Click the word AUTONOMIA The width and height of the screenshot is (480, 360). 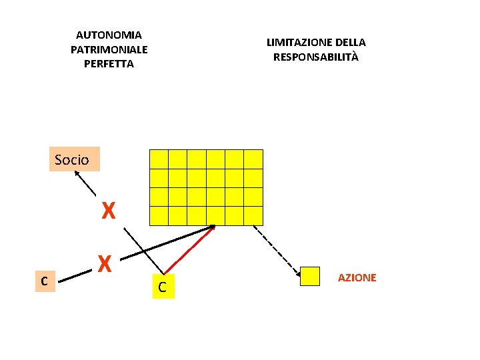(x=109, y=35)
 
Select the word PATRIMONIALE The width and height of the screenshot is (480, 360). (x=109, y=49)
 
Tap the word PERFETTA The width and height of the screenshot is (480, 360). (x=109, y=64)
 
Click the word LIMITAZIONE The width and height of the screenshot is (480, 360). (x=294, y=43)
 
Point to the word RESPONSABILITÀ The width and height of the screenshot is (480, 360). (x=315, y=57)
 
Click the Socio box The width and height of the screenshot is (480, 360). (x=74, y=159)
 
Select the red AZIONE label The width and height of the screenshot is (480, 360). (x=357, y=277)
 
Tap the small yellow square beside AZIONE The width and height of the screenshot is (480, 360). (x=310, y=277)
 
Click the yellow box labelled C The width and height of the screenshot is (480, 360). (x=163, y=287)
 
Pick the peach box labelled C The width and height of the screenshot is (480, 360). (x=43, y=281)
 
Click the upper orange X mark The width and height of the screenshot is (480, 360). (x=109, y=212)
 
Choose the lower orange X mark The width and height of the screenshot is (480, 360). (x=104, y=265)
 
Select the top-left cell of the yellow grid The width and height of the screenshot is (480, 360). (x=159, y=159)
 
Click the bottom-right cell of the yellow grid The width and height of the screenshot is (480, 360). (x=253, y=216)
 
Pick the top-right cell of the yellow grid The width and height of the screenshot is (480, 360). (x=253, y=159)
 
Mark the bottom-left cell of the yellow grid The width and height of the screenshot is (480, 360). (x=159, y=216)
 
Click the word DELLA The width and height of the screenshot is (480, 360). (x=350, y=43)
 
